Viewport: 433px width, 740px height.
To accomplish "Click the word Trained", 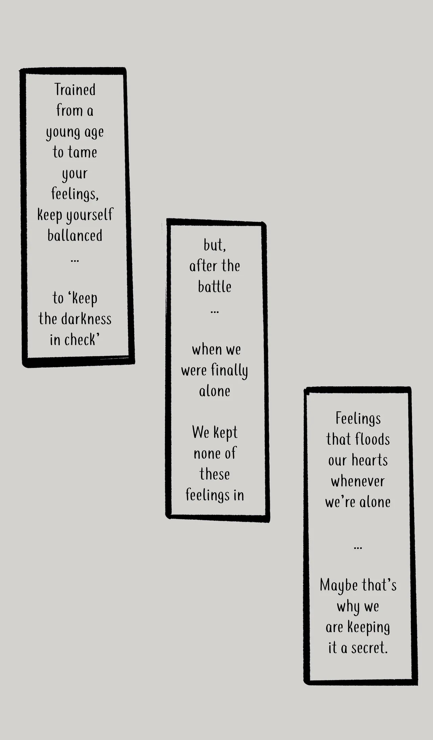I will (x=75, y=90).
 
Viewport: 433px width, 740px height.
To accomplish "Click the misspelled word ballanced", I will (x=75, y=236).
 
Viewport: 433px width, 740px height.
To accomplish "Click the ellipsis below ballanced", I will (x=75, y=261).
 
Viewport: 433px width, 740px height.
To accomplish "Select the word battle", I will (x=214, y=287).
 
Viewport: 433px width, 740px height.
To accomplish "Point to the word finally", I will (x=229, y=371).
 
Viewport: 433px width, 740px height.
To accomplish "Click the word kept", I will (x=225, y=433).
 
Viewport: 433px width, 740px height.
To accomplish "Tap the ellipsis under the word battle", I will (x=214, y=312).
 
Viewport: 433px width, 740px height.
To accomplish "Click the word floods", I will (x=372, y=440).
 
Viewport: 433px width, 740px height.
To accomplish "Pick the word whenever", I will (x=358, y=481).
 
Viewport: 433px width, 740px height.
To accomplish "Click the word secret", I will (x=369, y=648).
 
